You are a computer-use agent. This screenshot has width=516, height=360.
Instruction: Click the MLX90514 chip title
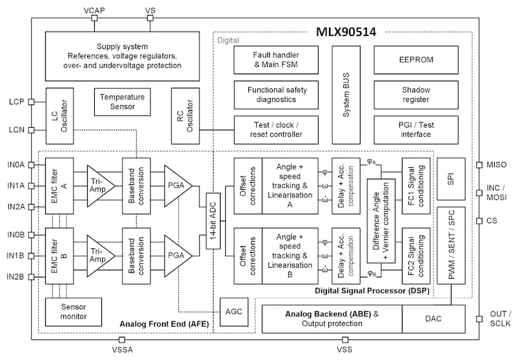click(346, 32)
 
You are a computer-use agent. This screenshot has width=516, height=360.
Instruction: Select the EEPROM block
click(416, 60)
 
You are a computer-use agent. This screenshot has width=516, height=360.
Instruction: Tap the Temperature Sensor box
click(123, 102)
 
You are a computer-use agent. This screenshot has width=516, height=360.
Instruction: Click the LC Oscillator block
click(59, 116)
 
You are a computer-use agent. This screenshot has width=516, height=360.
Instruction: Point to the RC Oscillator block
click(185, 116)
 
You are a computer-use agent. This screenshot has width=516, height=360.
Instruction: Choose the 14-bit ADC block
click(213, 221)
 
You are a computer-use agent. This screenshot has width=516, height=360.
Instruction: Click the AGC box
click(234, 312)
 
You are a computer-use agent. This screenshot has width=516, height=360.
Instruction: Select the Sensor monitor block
click(74, 312)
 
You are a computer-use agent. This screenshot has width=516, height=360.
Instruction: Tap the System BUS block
click(346, 95)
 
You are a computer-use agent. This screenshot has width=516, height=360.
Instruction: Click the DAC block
click(433, 319)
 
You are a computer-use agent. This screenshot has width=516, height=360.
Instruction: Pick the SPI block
click(451, 179)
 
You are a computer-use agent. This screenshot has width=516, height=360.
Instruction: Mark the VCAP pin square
click(94, 18)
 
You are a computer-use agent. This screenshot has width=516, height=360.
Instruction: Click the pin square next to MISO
click(479, 165)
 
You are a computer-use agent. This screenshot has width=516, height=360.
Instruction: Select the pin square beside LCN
click(31, 130)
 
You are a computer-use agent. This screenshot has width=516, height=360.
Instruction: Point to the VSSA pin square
click(122, 339)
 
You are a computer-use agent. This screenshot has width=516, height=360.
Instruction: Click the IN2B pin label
click(15, 277)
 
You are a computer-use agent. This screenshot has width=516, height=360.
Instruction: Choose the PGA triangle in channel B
click(179, 255)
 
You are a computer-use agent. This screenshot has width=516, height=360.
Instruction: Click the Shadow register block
click(416, 95)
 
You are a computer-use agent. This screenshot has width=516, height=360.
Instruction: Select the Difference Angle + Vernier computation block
click(381, 221)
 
